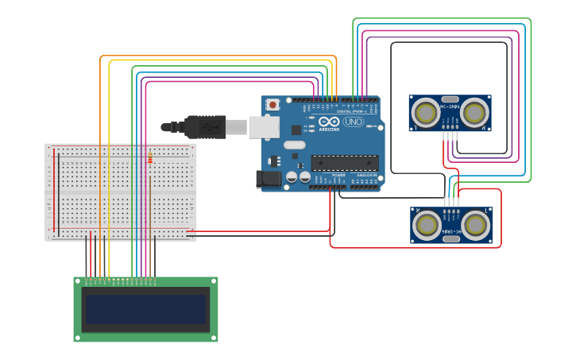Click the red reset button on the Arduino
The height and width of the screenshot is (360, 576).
pyautogui.click(x=273, y=104)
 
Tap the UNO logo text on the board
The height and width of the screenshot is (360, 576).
pyautogui.click(x=354, y=122)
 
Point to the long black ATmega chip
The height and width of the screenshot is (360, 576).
pyautogui.click(x=344, y=163)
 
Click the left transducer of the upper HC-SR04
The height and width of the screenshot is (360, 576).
pyautogui.click(x=426, y=113)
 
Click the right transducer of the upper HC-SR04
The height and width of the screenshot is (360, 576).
pyautogui.click(x=474, y=113)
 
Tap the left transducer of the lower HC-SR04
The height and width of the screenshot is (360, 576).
pyautogui.click(x=427, y=225)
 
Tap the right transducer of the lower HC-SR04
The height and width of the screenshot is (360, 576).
pyautogui.click(x=475, y=225)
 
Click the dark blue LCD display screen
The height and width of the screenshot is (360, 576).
pyautogui.click(x=145, y=310)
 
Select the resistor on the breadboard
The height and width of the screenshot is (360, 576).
pyautogui.click(x=150, y=160)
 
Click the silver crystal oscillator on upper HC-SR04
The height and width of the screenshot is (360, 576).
pyautogui.click(x=450, y=100)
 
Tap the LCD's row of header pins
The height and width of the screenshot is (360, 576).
pyautogui.click(x=121, y=280)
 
